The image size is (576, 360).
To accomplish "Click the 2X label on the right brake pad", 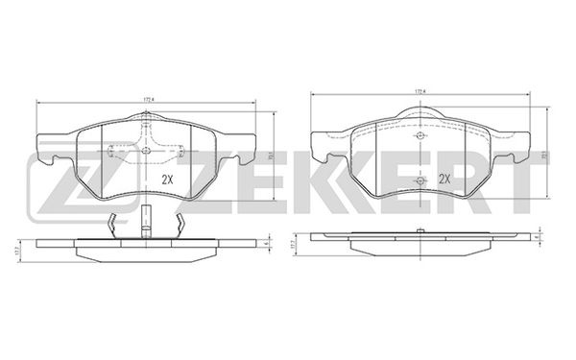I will click(444, 179).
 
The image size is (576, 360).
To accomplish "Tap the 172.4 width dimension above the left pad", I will click(149, 98).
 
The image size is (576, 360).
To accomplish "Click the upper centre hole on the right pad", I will click(420, 135).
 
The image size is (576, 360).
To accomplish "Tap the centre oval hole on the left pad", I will click(146, 150).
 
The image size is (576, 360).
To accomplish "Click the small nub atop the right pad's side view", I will click(420, 231).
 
